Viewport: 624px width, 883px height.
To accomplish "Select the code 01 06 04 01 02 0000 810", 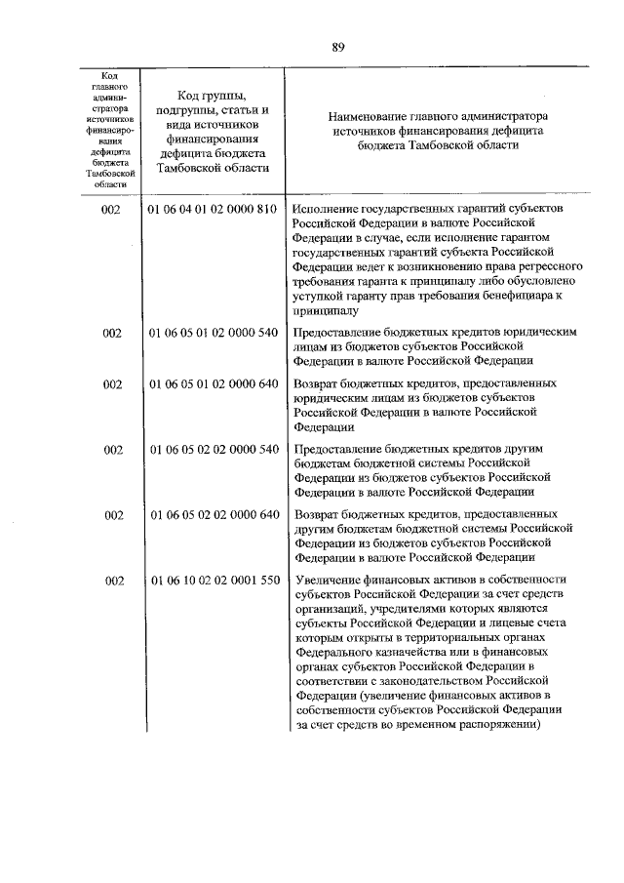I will pos(212,210).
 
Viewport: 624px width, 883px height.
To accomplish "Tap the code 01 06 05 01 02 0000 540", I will pos(212,333).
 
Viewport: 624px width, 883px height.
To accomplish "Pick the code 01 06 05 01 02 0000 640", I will pos(212,384).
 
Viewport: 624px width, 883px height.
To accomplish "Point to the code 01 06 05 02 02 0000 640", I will pos(212,514).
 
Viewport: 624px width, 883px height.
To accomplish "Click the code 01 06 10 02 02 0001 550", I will pos(212,581).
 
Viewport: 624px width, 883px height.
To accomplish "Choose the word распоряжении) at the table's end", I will pos(497,725).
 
